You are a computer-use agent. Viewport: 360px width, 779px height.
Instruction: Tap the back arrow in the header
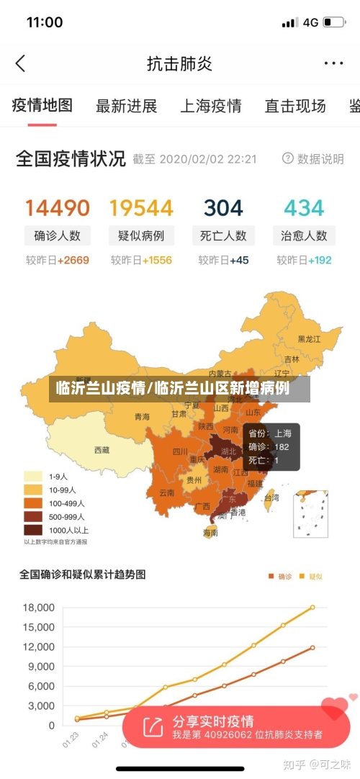[x=20, y=63]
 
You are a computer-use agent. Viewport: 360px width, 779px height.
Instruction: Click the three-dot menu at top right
[x=333, y=63]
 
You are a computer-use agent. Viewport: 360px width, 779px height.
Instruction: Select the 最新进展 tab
[x=126, y=107]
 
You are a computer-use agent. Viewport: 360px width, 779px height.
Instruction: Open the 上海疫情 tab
[x=210, y=107]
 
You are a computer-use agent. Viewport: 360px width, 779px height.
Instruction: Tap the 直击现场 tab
[x=295, y=107]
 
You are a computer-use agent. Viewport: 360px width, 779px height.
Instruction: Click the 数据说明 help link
[x=313, y=158]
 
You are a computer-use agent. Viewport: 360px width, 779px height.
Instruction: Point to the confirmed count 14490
[x=58, y=208]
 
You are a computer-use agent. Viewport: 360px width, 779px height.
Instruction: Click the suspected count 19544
[x=141, y=208]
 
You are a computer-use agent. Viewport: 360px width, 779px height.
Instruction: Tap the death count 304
[x=223, y=208]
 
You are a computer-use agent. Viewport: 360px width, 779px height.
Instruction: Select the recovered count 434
[x=304, y=208]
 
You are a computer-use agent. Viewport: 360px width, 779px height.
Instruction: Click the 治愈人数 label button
[x=304, y=235]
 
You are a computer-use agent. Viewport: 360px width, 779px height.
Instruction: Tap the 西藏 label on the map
[x=102, y=450]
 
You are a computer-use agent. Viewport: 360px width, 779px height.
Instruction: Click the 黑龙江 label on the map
[x=310, y=339]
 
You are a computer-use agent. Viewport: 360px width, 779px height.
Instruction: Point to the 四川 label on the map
[x=180, y=452]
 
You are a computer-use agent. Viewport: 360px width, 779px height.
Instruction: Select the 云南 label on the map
[x=166, y=493]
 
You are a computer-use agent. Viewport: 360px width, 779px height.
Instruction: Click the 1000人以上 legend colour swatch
[x=33, y=531]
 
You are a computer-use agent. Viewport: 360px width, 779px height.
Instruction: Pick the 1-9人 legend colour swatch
[x=33, y=476]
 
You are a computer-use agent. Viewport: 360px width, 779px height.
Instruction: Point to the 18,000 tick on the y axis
[x=38, y=608]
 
